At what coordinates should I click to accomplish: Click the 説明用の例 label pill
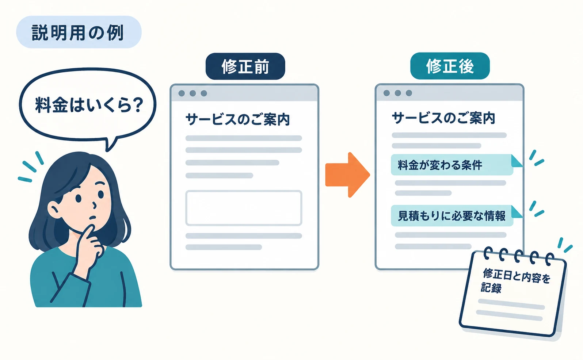click(x=79, y=32)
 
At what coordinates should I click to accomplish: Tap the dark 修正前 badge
click(x=245, y=66)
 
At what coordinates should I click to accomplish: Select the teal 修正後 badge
click(x=450, y=66)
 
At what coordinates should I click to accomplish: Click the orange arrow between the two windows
click(x=347, y=175)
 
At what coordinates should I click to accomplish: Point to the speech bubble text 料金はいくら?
click(x=89, y=105)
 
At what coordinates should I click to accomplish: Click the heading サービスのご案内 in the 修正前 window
click(x=237, y=120)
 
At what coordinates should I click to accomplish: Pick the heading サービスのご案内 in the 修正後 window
click(x=443, y=118)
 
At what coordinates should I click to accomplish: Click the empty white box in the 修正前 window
click(x=244, y=208)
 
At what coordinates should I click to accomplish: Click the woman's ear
click(x=54, y=210)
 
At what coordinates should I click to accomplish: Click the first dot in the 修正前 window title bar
click(x=182, y=93)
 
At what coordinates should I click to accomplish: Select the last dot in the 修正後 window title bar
click(x=409, y=93)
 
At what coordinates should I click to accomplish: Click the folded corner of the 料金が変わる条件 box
click(x=516, y=161)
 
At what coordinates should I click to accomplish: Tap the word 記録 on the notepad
click(x=491, y=288)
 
